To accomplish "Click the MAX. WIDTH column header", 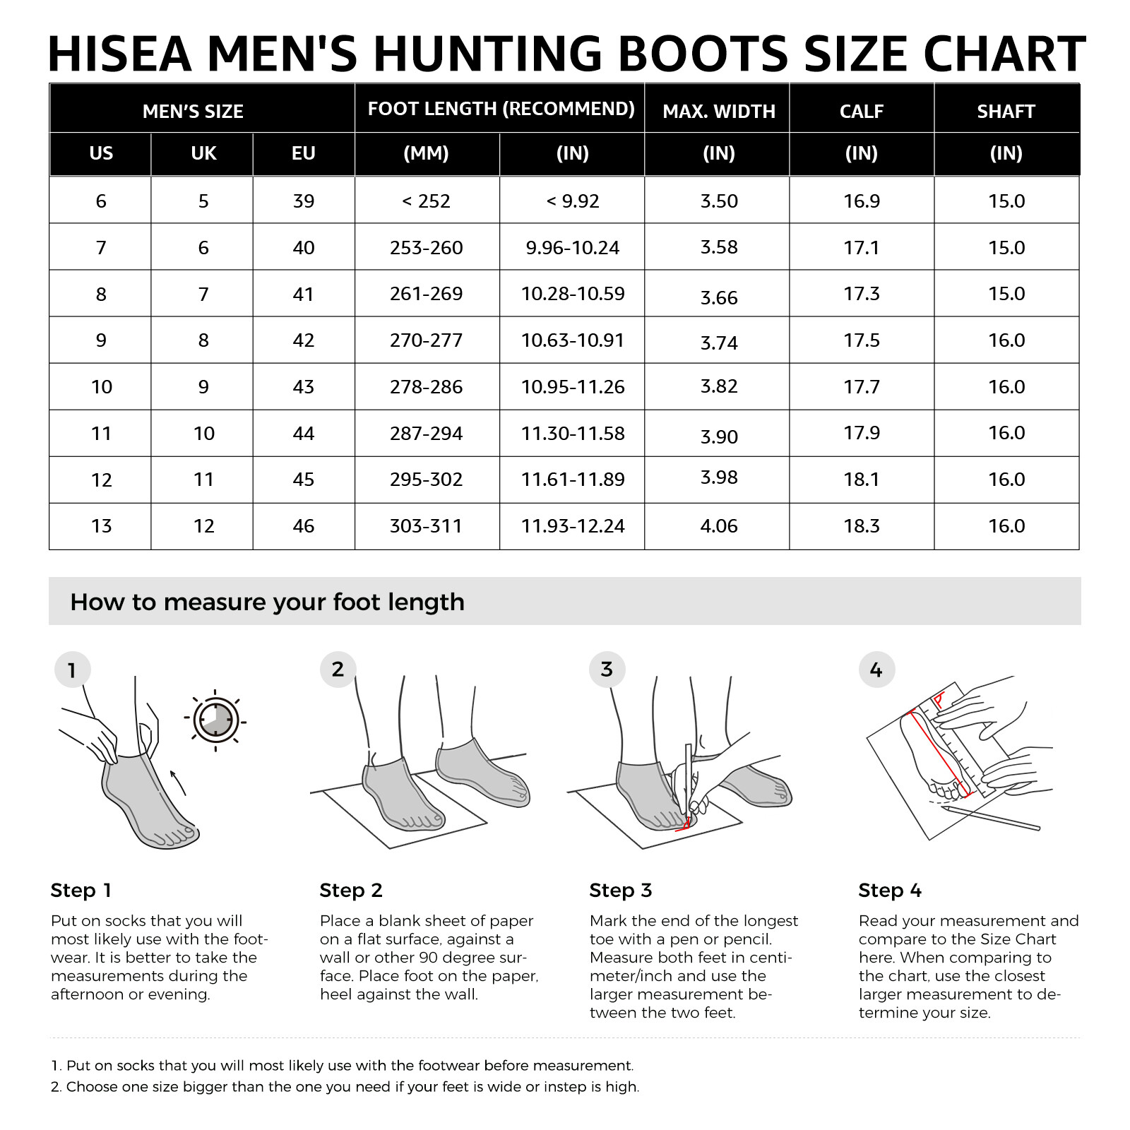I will tap(718, 112).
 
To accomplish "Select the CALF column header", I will tap(861, 112).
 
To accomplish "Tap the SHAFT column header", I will tap(1006, 112).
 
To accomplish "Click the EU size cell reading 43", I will tap(303, 387).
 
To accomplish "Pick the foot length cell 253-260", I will tap(426, 248).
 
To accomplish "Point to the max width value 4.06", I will tap(718, 526).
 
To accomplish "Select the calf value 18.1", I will tap(861, 480).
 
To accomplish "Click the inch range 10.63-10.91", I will tap(572, 340).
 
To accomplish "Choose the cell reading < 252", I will tap(426, 201).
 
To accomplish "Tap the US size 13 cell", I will tap(101, 526).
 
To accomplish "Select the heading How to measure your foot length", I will tap(267, 602).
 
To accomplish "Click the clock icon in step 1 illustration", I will tap(216, 720).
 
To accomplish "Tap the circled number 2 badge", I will tap(338, 669).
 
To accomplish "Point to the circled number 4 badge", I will tap(876, 670).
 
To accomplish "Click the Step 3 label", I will tap(620, 890).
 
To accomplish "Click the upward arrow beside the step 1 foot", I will tap(178, 783).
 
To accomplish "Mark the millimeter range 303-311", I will tap(426, 526).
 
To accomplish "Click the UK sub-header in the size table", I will tap(203, 153).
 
